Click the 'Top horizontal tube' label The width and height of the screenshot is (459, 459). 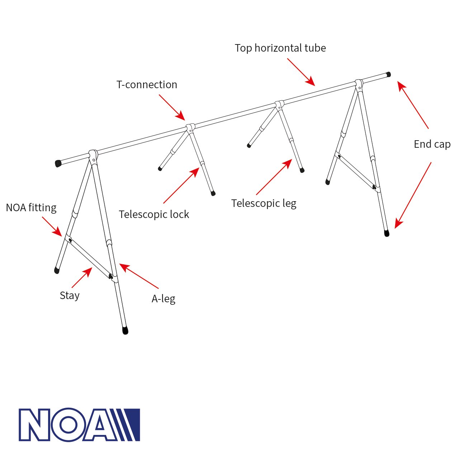[x=280, y=48]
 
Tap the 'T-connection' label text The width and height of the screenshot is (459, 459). [x=147, y=85]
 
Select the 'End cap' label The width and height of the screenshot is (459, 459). [x=432, y=144]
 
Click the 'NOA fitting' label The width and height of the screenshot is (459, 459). [x=31, y=208]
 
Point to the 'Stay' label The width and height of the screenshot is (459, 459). [x=70, y=295]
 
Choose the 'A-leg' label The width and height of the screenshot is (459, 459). [x=163, y=299]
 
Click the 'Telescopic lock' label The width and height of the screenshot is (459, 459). [x=154, y=214]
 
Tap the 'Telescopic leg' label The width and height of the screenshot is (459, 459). [x=264, y=203]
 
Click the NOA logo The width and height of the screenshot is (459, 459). [x=79, y=425]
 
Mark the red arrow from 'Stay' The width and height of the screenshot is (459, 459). [x=82, y=278]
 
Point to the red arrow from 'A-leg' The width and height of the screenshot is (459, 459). [x=139, y=276]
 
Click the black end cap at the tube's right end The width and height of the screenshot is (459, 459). [x=388, y=75]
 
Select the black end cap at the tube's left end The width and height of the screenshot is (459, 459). [x=58, y=164]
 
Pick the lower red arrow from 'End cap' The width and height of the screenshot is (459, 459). [x=413, y=195]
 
